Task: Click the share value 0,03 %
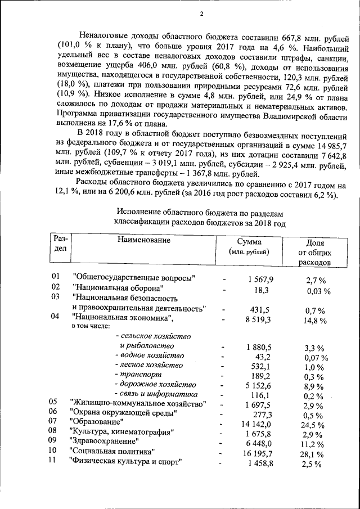[318, 291]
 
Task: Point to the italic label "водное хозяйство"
[149, 355]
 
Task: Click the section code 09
[53, 439]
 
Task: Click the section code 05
[53, 402]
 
